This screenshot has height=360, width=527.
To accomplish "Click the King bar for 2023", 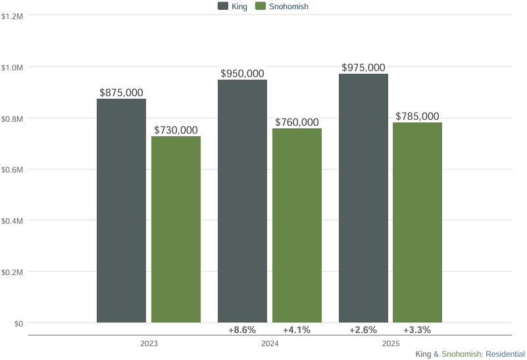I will pyautogui.click(x=121, y=211).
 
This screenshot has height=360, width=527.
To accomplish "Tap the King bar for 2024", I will pyautogui.click(x=242, y=201).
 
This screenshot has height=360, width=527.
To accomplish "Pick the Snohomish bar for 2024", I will pyautogui.click(x=297, y=225).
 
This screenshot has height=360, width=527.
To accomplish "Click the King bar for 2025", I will pyautogui.click(x=363, y=197).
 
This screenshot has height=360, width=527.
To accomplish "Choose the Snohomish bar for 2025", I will pyautogui.click(x=417, y=222).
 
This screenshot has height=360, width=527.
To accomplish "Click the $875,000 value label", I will pyautogui.click(x=121, y=93).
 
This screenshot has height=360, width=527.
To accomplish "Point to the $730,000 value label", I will pyautogui.click(x=176, y=130).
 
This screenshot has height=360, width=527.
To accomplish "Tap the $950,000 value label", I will pyautogui.click(x=242, y=74).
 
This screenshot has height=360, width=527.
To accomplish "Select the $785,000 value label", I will pyautogui.click(x=417, y=116).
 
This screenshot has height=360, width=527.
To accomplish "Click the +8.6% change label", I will pyautogui.click(x=242, y=330).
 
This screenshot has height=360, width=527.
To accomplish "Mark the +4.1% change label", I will pyautogui.click(x=297, y=330).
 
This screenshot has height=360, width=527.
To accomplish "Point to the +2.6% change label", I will pyautogui.click(x=363, y=330).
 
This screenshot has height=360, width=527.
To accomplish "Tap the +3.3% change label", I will pyautogui.click(x=417, y=330).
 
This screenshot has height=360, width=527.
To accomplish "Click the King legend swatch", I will pyautogui.click(x=222, y=7).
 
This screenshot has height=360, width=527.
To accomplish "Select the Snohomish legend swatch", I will pyautogui.click(x=260, y=7).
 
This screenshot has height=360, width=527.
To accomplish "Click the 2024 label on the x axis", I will pyautogui.click(x=270, y=344).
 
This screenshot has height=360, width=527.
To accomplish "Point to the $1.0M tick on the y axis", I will pyautogui.click(x=13, y=67).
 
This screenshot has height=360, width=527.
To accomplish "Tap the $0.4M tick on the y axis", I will pyautogui.click(x=13, y=220).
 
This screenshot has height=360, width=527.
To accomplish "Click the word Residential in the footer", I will pyautogui.click(x=505, y=354).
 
